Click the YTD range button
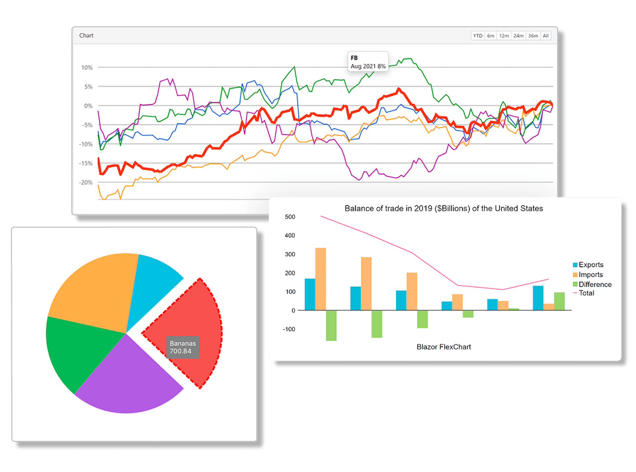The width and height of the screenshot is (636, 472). coord(478,36)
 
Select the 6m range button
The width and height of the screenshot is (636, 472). coord(491,36)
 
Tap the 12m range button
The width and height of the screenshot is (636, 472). coord(504,36)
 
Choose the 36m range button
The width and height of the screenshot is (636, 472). coord(533,36)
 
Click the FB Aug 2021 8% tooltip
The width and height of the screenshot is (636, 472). coord(368,62)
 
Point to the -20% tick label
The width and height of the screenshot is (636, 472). coord(86,183)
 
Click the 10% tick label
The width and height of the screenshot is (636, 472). coord(87,68)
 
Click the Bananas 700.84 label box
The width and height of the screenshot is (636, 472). coord(183,347)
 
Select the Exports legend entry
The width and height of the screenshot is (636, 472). coord(588,265)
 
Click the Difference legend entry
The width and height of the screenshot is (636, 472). coord(592,284)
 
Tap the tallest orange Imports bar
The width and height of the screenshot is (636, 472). coord(320,278)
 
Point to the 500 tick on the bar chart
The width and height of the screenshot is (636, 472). coord(290,217)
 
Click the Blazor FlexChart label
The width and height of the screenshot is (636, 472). coord(444,347)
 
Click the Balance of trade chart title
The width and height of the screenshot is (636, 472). coord(444,208)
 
